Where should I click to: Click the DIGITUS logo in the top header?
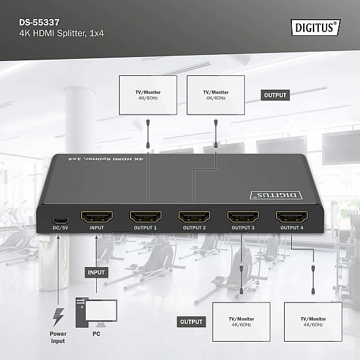click(315, 27)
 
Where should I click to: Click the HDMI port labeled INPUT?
click(96, 216)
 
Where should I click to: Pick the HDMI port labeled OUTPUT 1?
click(145, 216)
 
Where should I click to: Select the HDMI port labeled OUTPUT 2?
click(194, 216)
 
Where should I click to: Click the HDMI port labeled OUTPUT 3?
click(243, 216)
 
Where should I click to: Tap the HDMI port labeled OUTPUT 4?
click(291, 216)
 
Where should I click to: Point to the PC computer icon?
click(96, 312)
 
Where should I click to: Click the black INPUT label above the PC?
click(96, 271)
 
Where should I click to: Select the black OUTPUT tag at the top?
click(276, 95)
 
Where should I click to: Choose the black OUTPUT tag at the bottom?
click(192, 321)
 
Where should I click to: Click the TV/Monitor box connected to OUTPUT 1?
click(148, 96)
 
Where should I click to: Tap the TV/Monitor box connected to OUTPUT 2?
click(215, 96)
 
